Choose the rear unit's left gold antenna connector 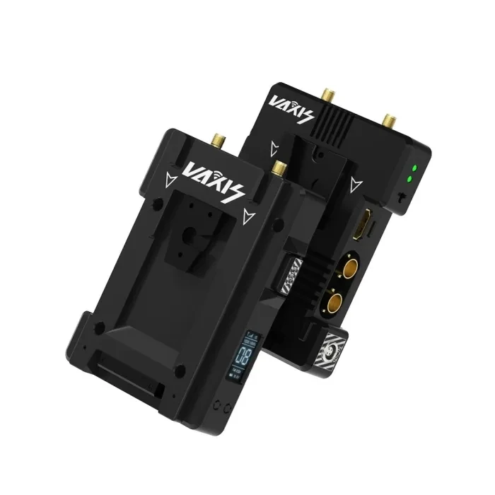point(329,93)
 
